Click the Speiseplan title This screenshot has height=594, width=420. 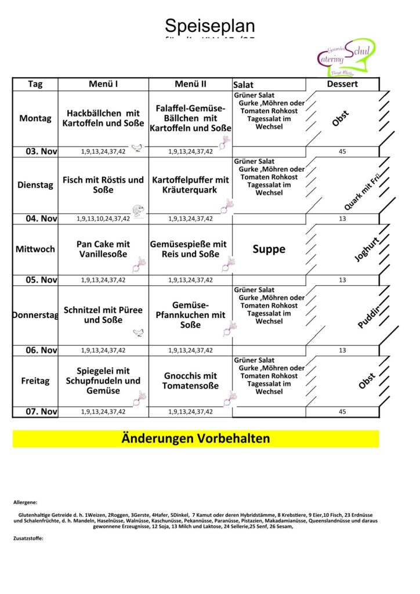point(209,26)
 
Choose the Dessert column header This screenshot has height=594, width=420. point(342,84)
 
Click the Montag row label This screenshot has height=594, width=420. point(35,118)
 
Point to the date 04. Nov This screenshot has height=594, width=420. point(41,219)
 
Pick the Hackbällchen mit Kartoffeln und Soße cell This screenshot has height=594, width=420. point(103,118)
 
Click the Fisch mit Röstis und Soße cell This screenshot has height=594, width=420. point(103,185)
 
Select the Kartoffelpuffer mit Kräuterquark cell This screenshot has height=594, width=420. point(190,185)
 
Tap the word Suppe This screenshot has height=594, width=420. point(269,249)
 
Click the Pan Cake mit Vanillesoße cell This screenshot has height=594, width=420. point(103,249)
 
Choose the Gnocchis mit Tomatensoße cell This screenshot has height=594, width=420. point(190,381)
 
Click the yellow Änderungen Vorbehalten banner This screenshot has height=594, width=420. point(195,439)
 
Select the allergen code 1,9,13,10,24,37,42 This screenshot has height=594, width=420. point(103,219)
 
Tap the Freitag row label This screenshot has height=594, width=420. point(35,381)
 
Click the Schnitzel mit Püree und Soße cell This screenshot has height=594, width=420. point(103,315)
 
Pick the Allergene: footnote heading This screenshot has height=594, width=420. point(25,502)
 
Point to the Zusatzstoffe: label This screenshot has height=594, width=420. point(28,538)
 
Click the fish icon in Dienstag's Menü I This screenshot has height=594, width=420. point(137,211)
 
